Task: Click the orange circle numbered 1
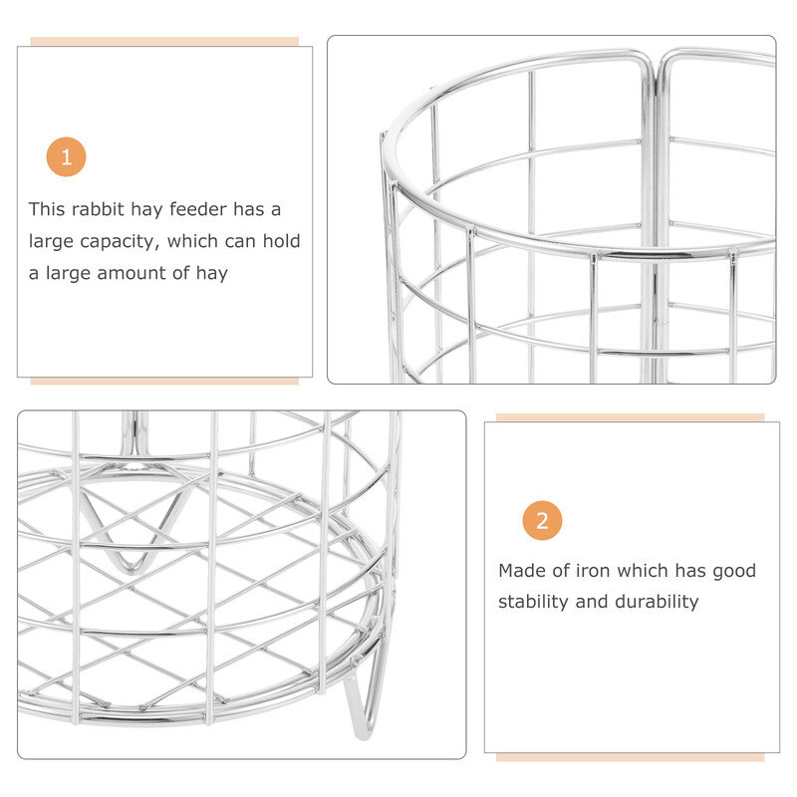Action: (66, 156)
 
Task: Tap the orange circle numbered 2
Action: (542, 520)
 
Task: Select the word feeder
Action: (198, 209)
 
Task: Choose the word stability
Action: (533, 602)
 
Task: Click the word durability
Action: (657, 602)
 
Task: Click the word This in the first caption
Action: (47, 209)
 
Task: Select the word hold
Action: (281, 241)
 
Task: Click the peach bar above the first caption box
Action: (164, 41)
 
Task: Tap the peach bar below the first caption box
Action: (164, 382)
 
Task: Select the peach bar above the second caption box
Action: (631, 417)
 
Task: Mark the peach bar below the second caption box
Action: (631, 757)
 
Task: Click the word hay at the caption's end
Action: (212, 273)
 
